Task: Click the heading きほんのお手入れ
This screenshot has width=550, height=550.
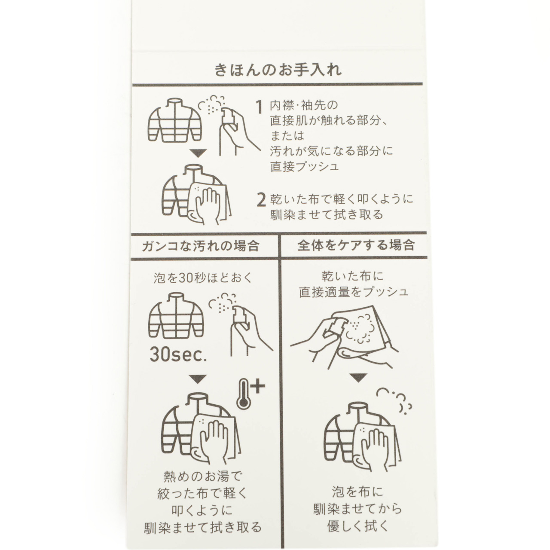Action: [x=278, y=70]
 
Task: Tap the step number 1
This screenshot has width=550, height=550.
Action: [x=259, y=107]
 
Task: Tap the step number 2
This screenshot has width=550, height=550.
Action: [x=261, y=200]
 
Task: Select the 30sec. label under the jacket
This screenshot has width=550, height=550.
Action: [x=178, y=354]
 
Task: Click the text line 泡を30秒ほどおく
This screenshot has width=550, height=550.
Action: [x=203, y=278]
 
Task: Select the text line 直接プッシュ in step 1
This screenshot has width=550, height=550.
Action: [x=305, y=167]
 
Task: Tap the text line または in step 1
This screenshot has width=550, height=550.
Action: [x=287, y=136]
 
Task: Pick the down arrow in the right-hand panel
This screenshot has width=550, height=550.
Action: [x=358, y=378]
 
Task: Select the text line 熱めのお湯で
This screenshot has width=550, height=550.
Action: [x=203, y=477]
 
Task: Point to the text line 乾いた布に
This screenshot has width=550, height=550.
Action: [x=352, y=276]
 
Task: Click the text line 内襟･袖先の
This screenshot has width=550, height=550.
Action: [x=304, y=105]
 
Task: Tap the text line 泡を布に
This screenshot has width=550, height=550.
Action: [x=357, y=492]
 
